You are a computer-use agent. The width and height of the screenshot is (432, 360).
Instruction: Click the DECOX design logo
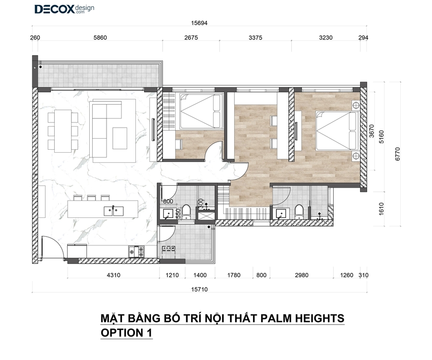64,9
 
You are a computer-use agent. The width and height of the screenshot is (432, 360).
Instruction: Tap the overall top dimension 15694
199,23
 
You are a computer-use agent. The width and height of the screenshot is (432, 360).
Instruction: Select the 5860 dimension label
100,38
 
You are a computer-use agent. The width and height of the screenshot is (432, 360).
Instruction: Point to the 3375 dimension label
255,38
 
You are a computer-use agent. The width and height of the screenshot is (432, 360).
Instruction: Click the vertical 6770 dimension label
397,154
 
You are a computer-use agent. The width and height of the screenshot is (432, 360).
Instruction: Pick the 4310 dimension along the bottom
113,275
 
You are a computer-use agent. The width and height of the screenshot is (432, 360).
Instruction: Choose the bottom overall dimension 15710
199,289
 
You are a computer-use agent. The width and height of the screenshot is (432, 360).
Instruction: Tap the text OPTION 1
126,333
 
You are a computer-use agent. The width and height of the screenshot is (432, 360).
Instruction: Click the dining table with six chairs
63,131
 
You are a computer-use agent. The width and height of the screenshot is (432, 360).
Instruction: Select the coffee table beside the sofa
120,138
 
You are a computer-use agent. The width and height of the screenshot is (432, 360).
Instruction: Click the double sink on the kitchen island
113,211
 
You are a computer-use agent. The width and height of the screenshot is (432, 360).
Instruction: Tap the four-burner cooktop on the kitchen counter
136,252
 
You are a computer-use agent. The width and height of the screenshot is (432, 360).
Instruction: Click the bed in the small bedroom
202,111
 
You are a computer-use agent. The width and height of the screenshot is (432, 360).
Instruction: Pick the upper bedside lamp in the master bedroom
355,105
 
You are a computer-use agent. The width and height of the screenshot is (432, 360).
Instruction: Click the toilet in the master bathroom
299,212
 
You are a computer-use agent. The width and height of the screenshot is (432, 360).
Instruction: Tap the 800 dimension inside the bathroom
168,201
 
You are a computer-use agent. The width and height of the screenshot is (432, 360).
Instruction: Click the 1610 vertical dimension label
381,209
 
